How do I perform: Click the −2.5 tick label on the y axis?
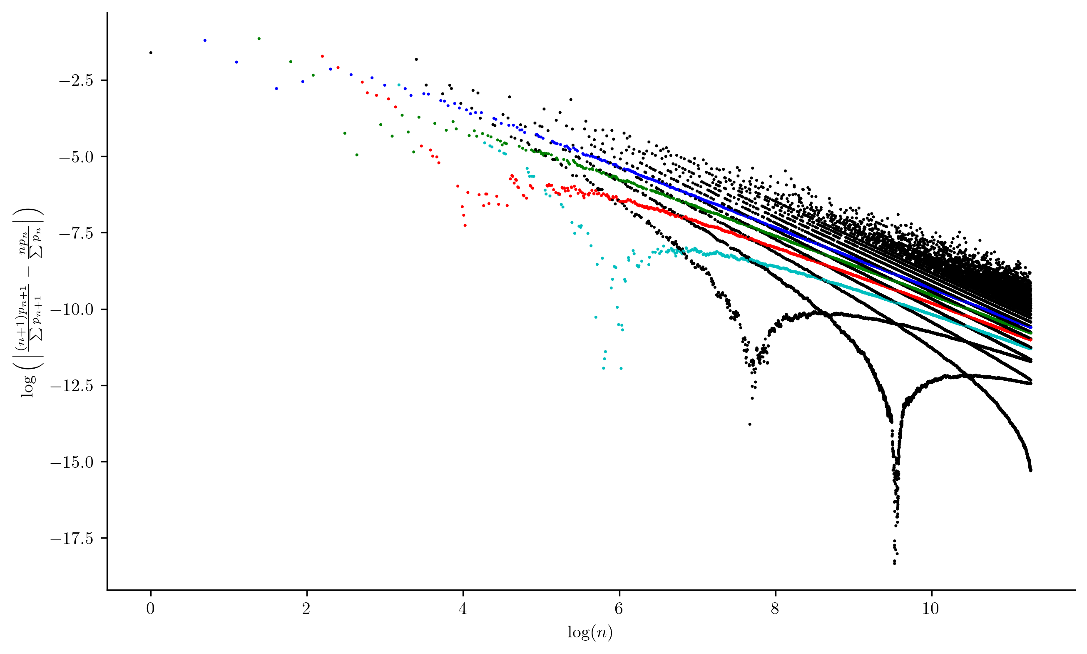tap(76, 81)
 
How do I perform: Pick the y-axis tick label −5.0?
tap(76, 157)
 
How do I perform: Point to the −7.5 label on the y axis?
tap(76, 233)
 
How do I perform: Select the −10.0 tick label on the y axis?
tap(72, 310)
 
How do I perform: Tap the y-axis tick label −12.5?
tap(72, 386)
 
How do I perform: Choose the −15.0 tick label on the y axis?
tap(72, 462)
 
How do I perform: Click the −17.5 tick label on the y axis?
tap(72, 538)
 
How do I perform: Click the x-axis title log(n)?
tap(590, 633)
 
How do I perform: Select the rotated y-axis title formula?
tap(29, 302)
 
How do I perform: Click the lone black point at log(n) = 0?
tap(151, 52)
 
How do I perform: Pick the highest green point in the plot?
tap(259, 39)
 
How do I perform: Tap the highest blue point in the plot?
tap(205, 40)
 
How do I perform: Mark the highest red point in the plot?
tap(322, 56)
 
